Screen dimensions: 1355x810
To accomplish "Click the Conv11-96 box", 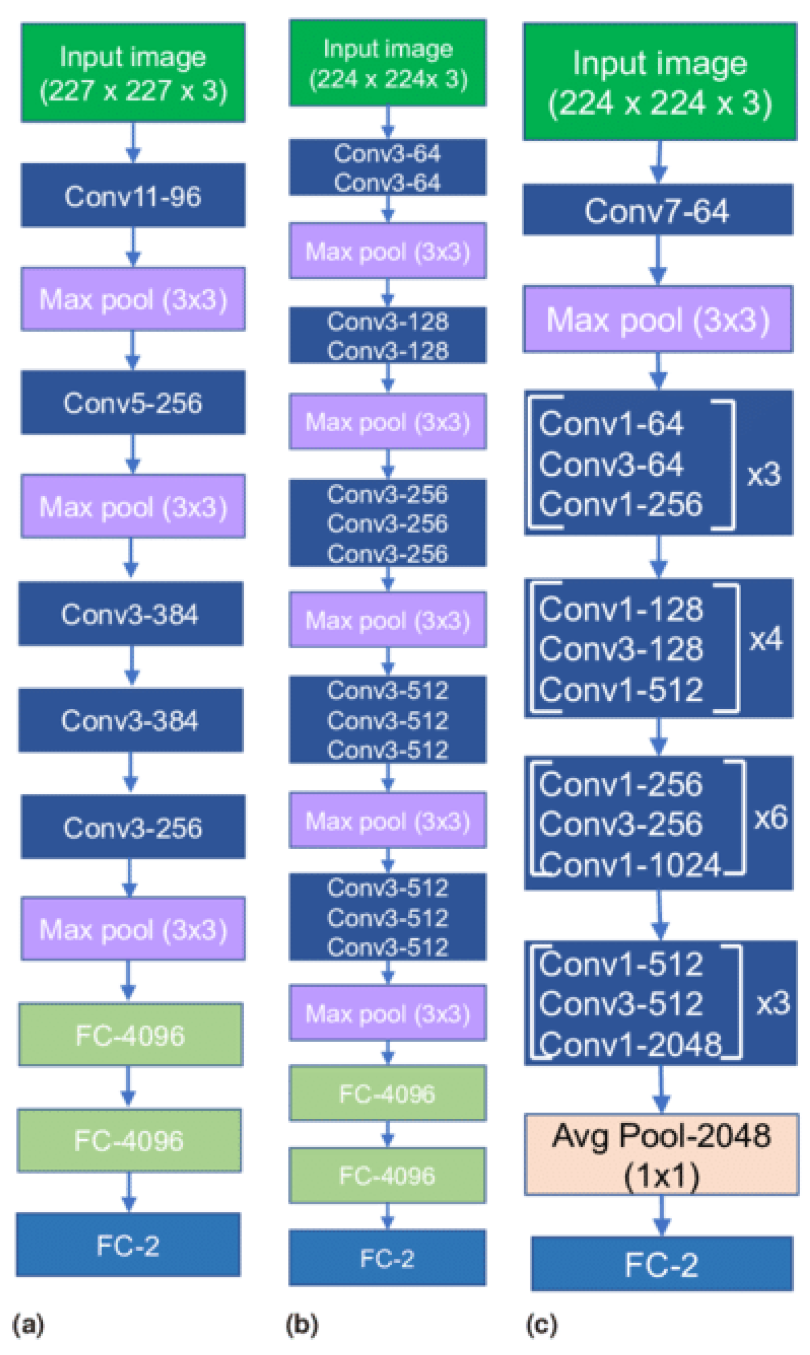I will (x=133, y=196).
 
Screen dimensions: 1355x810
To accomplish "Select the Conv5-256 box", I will (x=133, y=403).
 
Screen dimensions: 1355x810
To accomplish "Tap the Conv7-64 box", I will (x=657, y=210).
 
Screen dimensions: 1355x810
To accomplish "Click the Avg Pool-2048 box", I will (x=661, y=1155).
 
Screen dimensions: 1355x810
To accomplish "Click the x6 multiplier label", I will (x=770, y=818).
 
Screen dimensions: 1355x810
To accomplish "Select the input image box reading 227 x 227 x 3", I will (x=133, y=73).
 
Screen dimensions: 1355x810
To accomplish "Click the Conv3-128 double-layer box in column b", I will (x=387, y=336).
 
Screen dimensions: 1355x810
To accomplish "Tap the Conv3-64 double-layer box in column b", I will (x=387, y=168).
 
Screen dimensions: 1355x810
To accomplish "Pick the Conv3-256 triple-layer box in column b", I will (x=387, y=523).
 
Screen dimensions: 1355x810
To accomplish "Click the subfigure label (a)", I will (x=28, y=1324).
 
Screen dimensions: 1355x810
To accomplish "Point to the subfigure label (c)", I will (x=541, y=1324).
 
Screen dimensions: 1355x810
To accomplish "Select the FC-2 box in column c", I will (x=661, y=1265).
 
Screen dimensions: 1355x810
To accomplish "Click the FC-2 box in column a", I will (x=128, y=1246).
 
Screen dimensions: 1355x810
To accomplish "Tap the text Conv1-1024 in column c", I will (x=630, y=865).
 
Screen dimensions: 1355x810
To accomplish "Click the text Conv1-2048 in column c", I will (x=630, y=1045).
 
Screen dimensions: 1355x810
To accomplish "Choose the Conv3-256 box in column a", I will (x=133, y=827).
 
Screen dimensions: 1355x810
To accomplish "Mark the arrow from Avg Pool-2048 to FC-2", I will (x=662, y=1216).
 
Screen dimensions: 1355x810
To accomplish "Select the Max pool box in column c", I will (x=658, y=320).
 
